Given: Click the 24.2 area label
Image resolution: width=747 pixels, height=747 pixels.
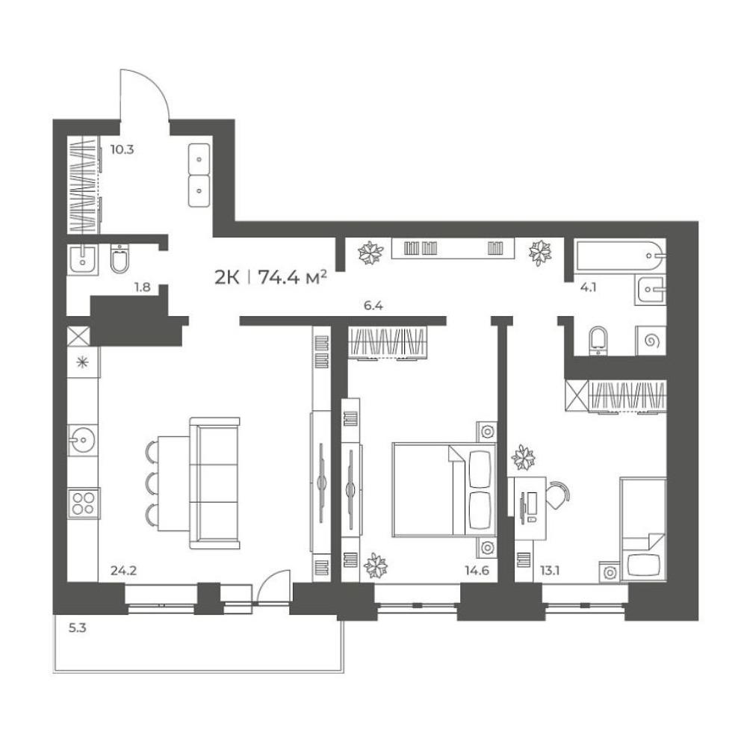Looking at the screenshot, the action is [x=123, y=570].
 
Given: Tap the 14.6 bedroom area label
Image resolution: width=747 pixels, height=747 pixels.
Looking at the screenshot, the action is [x=477, y=570].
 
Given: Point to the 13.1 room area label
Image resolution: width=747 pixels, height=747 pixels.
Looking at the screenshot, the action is [x=550, y=570].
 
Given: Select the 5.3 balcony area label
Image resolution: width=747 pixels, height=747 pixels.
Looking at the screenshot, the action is [x=77, y=628].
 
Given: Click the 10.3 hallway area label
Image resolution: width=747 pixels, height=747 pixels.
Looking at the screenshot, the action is [x=122, y=149].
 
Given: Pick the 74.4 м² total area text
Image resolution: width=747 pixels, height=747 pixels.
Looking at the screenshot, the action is [x=292, y=277].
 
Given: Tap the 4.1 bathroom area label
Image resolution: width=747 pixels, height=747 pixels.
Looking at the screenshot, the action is [x=589, y=288].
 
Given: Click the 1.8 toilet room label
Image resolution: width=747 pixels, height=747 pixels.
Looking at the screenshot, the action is [x=143, y=288].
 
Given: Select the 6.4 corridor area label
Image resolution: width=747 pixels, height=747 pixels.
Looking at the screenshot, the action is [x=373, y=306].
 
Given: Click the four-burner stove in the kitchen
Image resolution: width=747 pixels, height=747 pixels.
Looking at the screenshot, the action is [x=83, y=503].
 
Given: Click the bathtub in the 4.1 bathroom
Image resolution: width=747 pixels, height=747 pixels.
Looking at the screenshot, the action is [x=620, y=256].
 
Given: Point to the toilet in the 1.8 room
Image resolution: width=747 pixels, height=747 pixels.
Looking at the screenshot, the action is [x=119, y=258].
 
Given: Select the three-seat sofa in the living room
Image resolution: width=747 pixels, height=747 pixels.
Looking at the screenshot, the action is [x=214, y=483].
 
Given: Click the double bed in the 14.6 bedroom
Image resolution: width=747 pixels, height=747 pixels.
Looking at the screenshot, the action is [x=444, y=491].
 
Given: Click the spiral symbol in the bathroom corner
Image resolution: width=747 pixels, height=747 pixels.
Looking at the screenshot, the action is [x=651, y=341].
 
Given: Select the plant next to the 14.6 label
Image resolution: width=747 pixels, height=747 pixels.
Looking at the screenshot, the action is [x=376, y=565].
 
